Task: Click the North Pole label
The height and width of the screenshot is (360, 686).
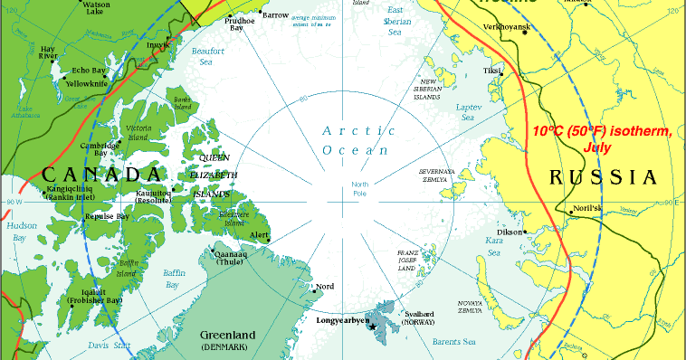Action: tap(360, 188)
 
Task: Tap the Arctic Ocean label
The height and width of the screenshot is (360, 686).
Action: tap(358, 140)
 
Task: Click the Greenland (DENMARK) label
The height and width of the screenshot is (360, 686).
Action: tap(228, 340)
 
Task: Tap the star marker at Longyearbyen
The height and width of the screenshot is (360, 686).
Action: tap(372, 327)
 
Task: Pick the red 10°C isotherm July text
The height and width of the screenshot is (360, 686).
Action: tap(602, 138)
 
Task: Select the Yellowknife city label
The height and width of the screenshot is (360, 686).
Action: tap(88, 83)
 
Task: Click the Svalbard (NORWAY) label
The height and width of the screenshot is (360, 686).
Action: tap(418, 317)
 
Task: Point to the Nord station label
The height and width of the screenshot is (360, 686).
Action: tap(324, 287)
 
